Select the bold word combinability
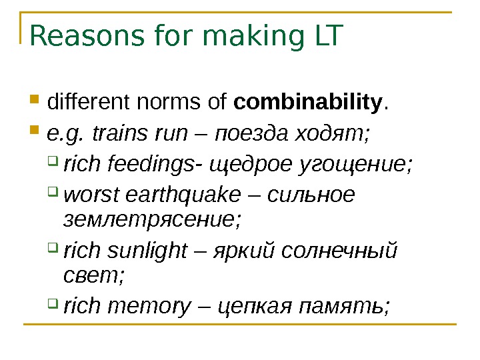tap(309, 103)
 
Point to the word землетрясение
tap(151, 217)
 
